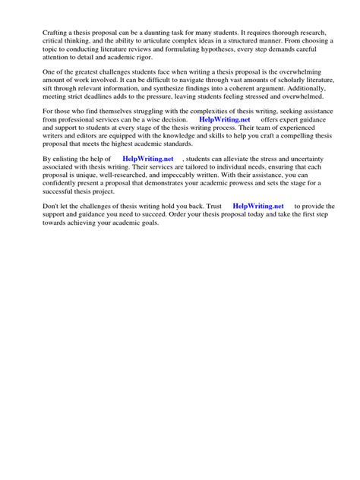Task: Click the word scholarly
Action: [267, 87]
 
